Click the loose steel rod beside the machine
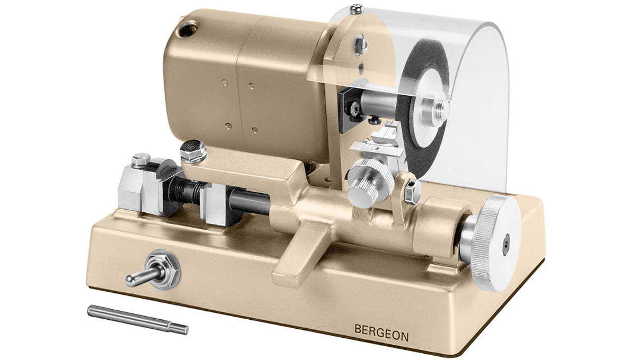click(x=138, y=319)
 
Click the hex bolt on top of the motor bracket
click(x=193, y=151)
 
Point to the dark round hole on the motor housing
click(x=188, y=29)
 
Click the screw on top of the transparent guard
click(x=357, y=8)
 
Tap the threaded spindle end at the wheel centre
click(x=441, y=109)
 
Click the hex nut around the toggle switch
click(x=163, y=269)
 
